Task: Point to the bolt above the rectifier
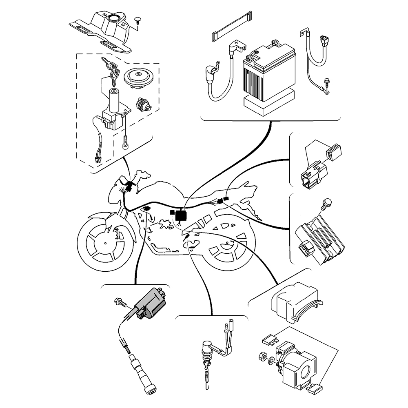tap(326, 203)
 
